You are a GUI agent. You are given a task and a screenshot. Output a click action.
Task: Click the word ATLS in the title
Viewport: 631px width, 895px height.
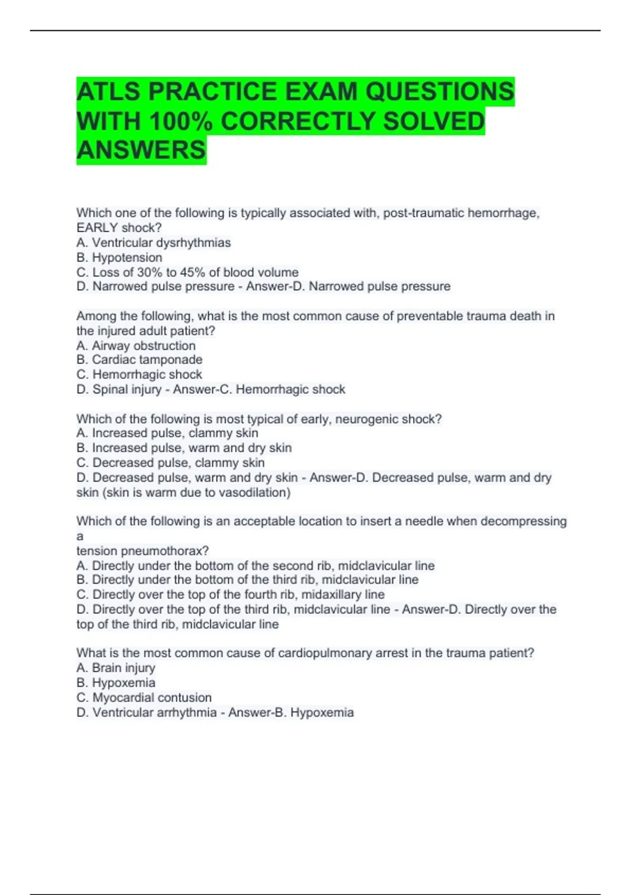108,92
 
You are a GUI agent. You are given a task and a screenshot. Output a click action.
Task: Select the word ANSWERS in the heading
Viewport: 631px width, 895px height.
141,150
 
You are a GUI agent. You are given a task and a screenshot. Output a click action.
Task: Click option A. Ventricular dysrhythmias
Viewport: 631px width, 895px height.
154,243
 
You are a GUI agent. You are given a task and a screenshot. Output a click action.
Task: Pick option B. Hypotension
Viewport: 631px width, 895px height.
119,257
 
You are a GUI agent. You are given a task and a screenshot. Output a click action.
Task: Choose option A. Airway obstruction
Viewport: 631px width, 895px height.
136,346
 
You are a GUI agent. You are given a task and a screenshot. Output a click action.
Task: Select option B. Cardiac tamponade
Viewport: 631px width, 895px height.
139,360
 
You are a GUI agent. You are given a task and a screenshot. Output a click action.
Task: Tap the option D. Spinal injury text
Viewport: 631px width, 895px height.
119,390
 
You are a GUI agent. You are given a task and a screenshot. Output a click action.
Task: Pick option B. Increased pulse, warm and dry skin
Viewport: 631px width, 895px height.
184,448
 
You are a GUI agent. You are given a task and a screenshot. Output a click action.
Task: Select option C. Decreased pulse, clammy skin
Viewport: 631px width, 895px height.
170,463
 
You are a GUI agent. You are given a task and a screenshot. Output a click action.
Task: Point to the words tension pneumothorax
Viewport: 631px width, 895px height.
143,551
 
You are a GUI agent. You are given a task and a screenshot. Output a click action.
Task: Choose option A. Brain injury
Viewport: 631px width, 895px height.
116,668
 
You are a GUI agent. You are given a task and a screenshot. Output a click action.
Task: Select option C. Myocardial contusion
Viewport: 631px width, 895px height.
144,698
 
